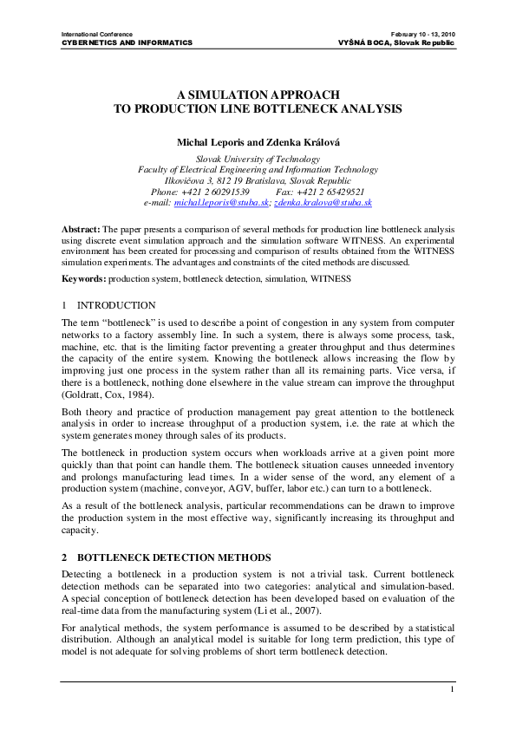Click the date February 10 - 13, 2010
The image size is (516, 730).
423,33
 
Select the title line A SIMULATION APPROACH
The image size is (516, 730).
258,95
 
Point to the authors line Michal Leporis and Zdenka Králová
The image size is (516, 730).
258,140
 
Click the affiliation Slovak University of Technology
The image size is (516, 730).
258,159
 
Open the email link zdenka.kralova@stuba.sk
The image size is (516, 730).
323,202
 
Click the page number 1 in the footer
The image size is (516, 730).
453,689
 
